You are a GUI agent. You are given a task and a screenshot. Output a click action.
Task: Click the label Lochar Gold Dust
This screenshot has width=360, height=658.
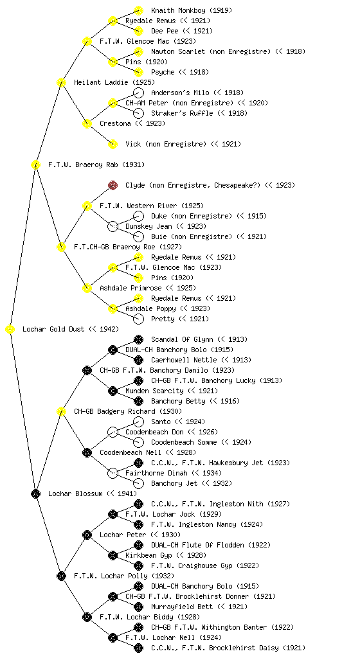click(x=53, y=330)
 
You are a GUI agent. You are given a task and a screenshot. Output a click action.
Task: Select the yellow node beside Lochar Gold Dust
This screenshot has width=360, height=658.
click(x=10, y=330)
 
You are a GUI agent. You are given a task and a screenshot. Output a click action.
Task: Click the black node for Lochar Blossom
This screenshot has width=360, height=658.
click(x=35, y=494)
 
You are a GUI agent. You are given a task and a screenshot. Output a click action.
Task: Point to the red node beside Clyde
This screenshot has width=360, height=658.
click(x=113, y=186)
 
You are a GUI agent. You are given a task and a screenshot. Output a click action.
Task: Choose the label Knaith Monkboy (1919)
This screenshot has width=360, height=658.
click(x=192, y=10)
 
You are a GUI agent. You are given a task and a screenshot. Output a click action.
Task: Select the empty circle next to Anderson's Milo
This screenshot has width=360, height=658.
click(x=138, y=93)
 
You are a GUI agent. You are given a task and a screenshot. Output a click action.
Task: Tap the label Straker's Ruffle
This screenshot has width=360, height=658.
click(x=182, y=113)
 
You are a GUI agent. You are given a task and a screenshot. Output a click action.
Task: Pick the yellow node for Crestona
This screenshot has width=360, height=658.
click(x=87, y=124)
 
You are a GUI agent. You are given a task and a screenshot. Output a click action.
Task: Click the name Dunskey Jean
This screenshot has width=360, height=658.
click(x=148, y=227)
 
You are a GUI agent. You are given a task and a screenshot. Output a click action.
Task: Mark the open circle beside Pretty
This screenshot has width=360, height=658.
click(x=138, y=319)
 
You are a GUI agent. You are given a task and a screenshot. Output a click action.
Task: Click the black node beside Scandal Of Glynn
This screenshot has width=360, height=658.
click(x=138, y=339)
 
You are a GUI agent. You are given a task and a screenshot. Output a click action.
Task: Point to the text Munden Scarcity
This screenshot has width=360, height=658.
click(x=154, y=391)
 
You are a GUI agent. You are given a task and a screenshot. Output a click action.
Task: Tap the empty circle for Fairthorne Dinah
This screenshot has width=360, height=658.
click(x=113, y=474)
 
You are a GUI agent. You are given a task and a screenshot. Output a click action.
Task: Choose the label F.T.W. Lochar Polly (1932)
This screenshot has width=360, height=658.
click(x=124, y=576)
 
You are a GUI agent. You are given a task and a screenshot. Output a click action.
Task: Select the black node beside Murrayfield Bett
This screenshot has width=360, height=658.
click(x=138, y=607)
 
